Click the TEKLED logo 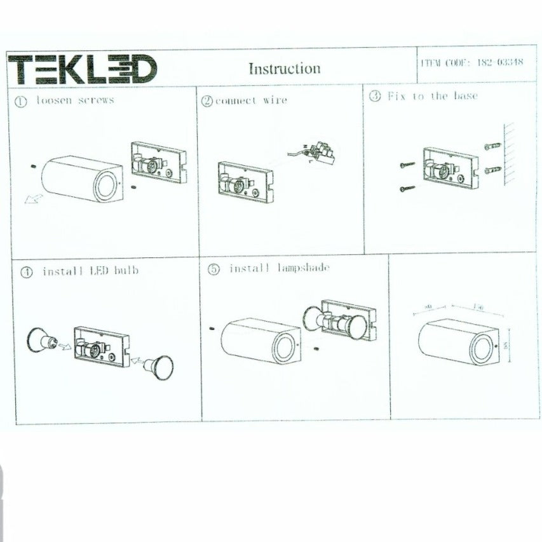[x=83, y=69]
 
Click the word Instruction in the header [x=284, y=69]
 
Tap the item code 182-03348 [x=471, y=63]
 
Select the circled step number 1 [x=21, y=101]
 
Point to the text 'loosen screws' [x=75, y=100]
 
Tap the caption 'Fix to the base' [x=433, y=96]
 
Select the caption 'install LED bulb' [x=90, y=271]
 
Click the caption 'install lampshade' [x=279, y=268]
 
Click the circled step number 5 [x=214, y=269]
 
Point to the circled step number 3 [x=375, y=97]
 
